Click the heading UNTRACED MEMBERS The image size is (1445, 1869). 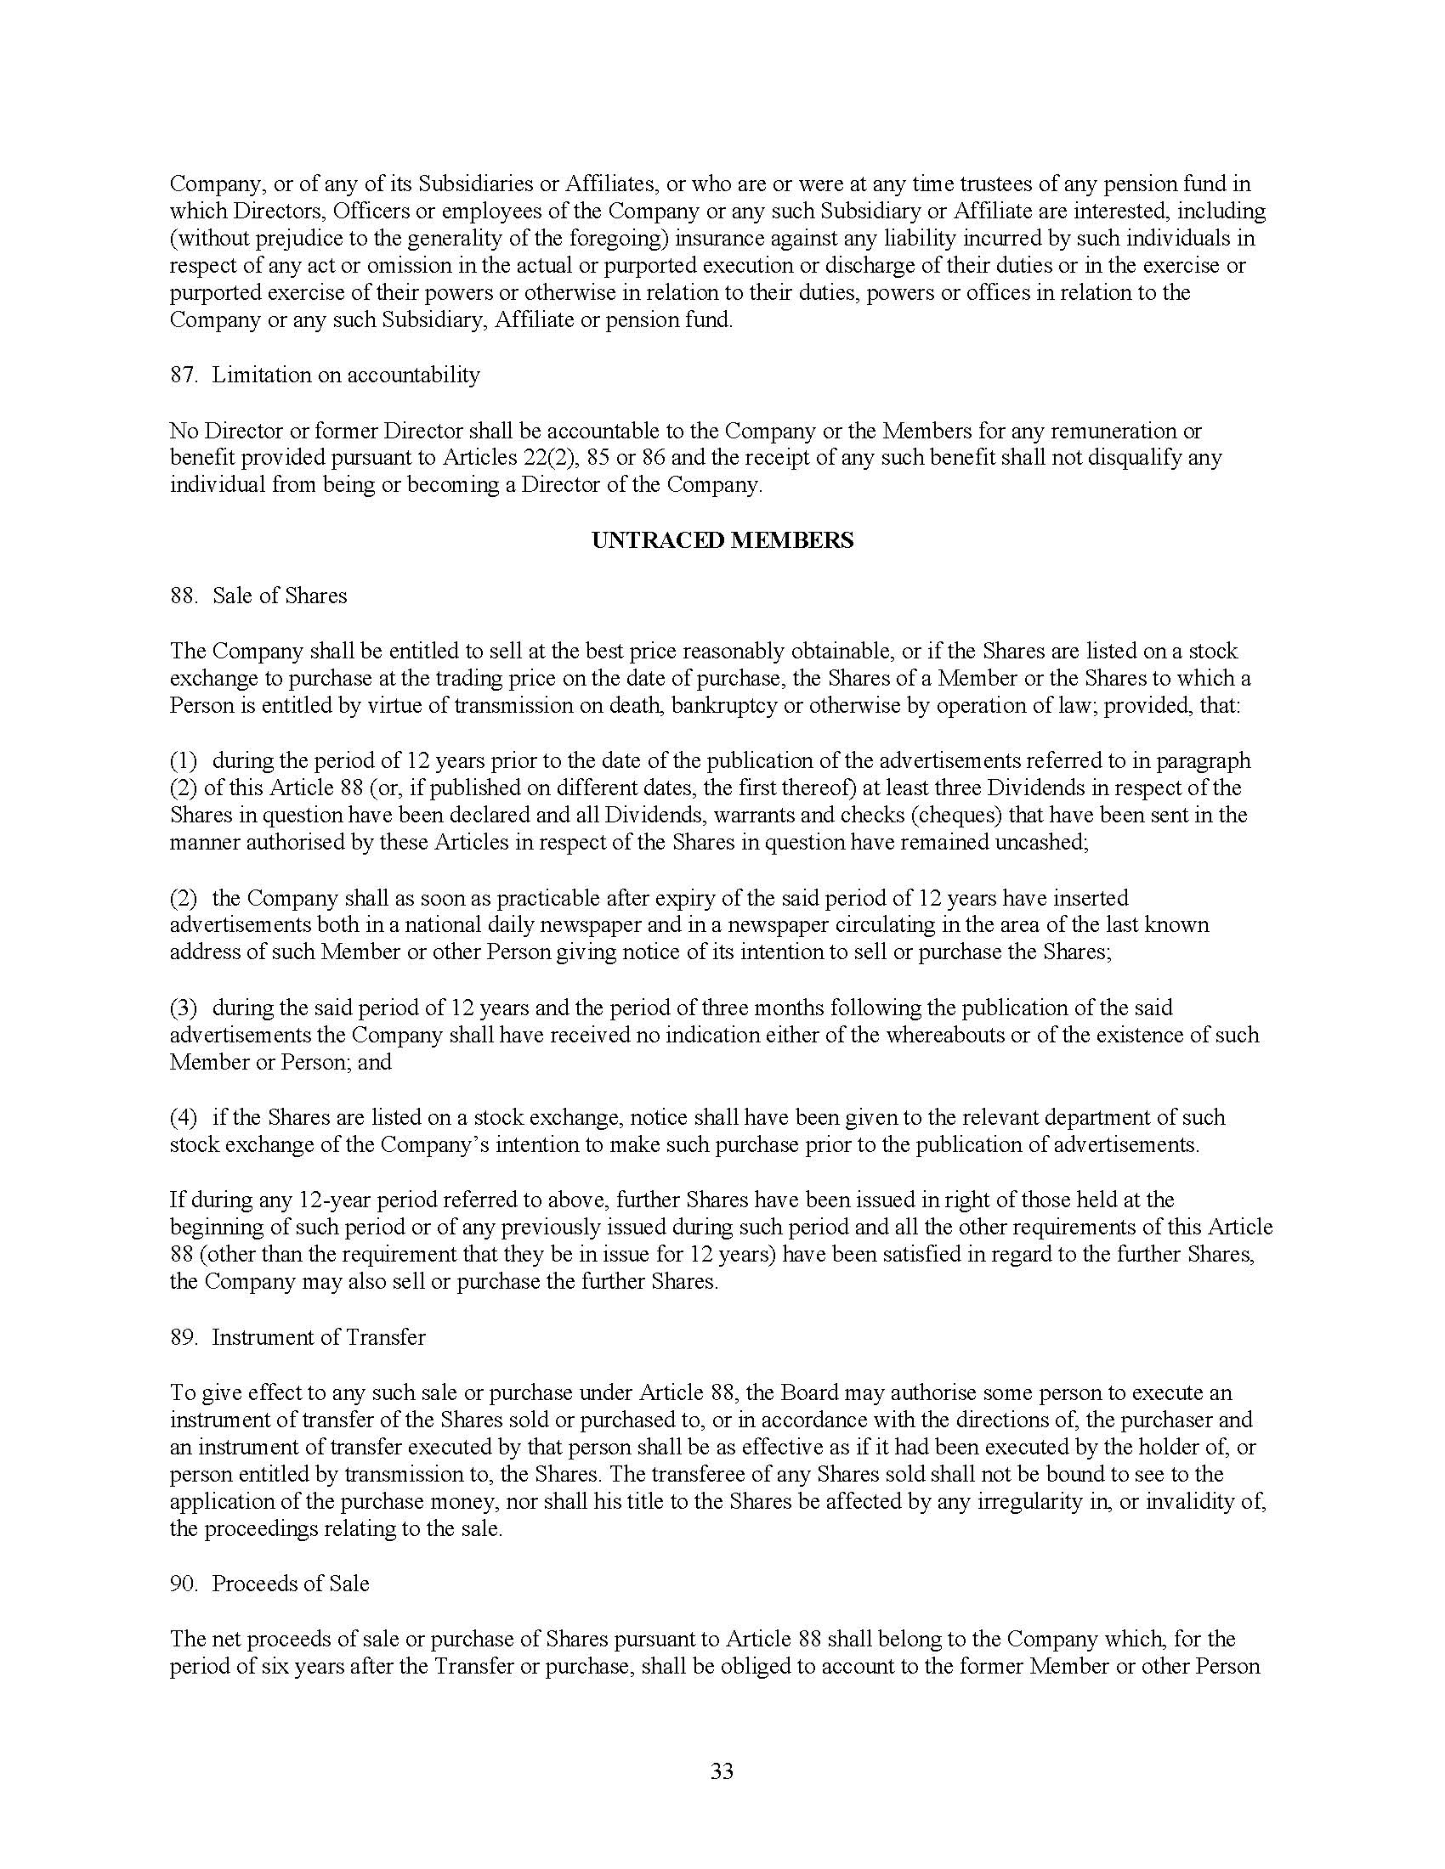point(722,541)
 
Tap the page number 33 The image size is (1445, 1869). point(722,1771)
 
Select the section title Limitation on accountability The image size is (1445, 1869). point(346,375)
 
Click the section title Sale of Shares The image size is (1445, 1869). point(279,596)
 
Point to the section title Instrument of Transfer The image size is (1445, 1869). point(319,1336)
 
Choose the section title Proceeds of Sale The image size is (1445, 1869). point(290,1584)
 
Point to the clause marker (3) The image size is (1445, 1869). point(184,1008)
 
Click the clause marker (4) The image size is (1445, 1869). point(184,1118)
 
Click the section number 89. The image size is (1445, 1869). point(184,1336)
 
